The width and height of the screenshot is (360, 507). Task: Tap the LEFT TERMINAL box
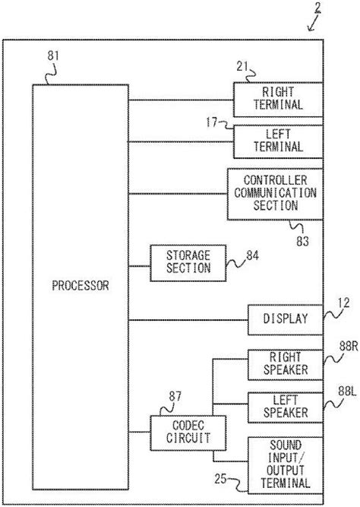pos(276,140)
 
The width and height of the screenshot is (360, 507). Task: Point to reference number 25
pos(220,479)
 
